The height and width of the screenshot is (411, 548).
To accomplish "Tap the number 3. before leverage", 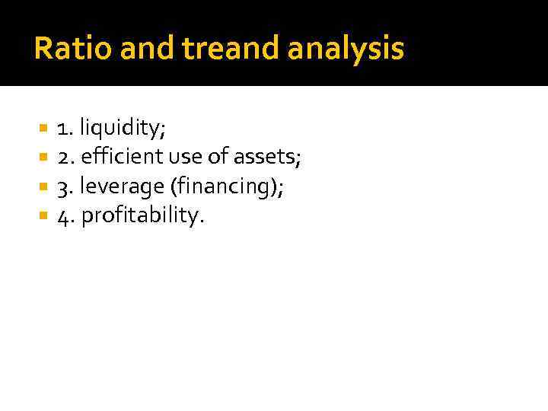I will [x=67, y=187].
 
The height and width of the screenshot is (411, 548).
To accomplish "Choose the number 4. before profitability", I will [x=67, y=216].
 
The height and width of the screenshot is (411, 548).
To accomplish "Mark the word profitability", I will [x=142, y=217].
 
